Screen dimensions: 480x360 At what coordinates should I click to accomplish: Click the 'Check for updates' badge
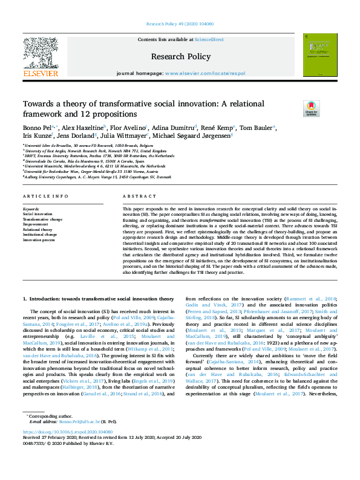(312, 108)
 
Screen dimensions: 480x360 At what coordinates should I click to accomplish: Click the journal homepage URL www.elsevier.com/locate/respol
(205, 73)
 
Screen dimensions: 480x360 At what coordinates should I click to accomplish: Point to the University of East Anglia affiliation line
(87, 151)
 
